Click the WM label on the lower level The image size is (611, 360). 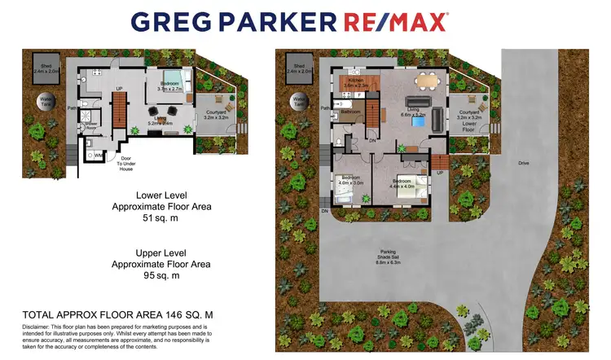tap(99, 154)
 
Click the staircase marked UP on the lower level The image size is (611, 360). tap(119, 106)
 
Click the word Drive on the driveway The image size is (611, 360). tap(525, 163)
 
